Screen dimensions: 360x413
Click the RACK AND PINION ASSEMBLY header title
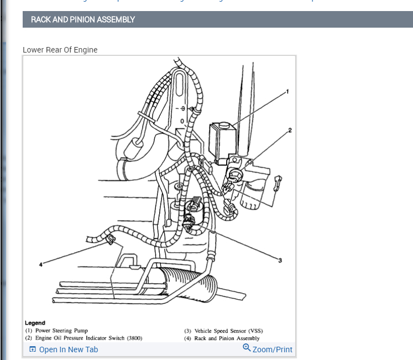tap(83, 19)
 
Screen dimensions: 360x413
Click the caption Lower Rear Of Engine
tap(60, 50)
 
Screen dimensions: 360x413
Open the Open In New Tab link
tap(68, 349)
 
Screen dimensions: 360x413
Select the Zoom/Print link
tap(272, 349)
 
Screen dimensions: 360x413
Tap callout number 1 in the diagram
tap(287, 91)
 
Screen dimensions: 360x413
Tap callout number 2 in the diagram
tap(290, 131)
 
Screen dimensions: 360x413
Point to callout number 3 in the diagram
tap(280, 260)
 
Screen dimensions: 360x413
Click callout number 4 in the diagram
tap(40, 265)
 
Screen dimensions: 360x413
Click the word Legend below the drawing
tap(35, 323)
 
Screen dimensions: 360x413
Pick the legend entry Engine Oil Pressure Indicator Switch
tap(83, 338)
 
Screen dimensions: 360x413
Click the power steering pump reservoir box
tap(223, 143)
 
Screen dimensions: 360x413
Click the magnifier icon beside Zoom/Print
tap(247, 348)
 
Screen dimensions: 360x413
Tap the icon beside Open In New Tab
tap(33, 349)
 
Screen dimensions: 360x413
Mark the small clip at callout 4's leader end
tap(109, 239)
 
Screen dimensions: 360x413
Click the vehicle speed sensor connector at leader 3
tap(190, 221)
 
